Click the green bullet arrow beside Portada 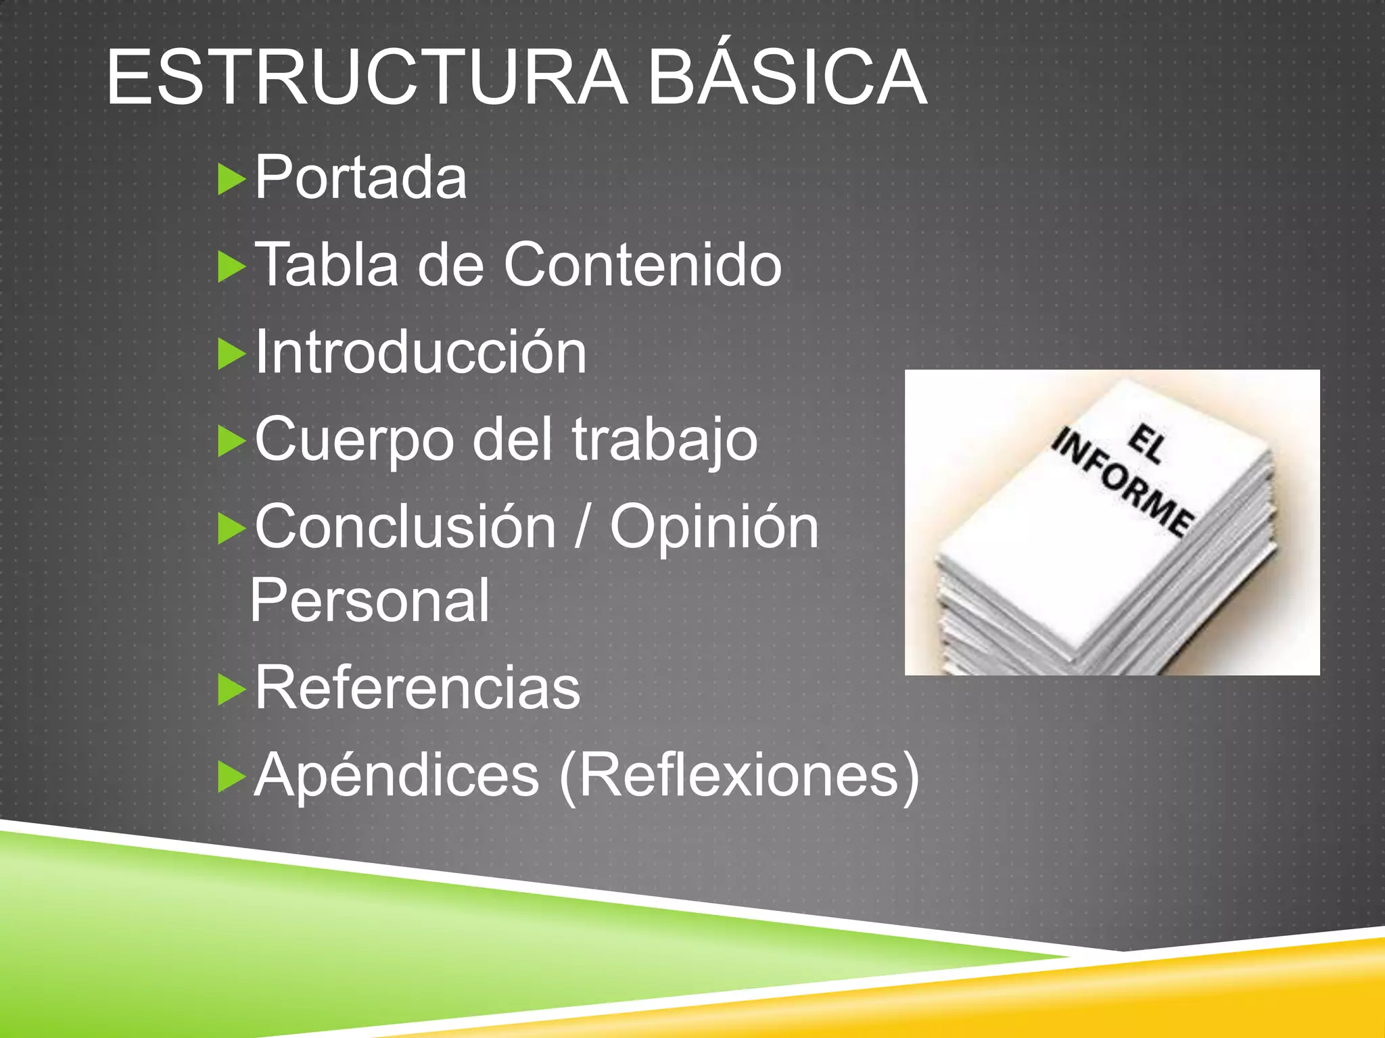tap(231, 180)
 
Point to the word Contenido tap(642, 264)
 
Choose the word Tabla tap(327, 264)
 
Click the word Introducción tap(420, 351)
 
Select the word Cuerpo tap(354, 440)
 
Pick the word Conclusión tap(405, 527)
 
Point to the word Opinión tap(714, 527)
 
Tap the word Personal tap(369, 600)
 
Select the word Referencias tap(417, 687)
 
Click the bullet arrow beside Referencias tap(231, 690)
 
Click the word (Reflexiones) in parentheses tap(740, 776)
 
